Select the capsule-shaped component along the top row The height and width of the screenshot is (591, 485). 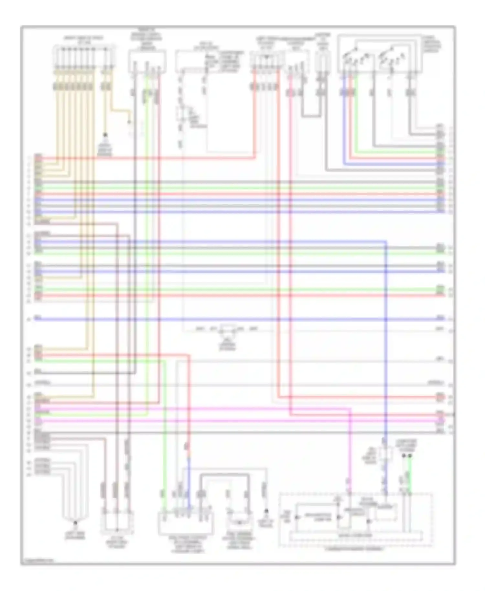(322, 61)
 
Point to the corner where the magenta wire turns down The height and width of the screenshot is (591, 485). (350, 409)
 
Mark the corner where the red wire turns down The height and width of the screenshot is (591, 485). (189, 355)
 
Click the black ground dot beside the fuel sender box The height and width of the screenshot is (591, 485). (266, 511)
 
